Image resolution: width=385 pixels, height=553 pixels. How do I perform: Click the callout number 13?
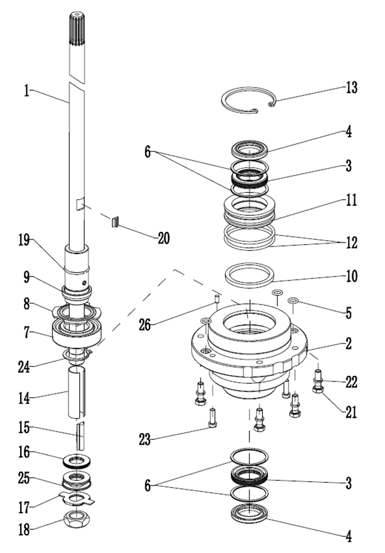point(351,88)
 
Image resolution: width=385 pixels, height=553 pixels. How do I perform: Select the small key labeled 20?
point(115,221)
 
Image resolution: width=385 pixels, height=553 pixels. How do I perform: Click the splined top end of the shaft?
point(77,28)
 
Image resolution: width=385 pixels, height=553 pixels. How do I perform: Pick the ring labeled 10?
point(249,274)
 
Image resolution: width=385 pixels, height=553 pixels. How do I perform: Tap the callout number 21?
point(351,412)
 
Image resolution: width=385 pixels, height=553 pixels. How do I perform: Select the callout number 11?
point(351,201)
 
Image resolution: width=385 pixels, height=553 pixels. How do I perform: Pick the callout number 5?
point(349,314)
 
